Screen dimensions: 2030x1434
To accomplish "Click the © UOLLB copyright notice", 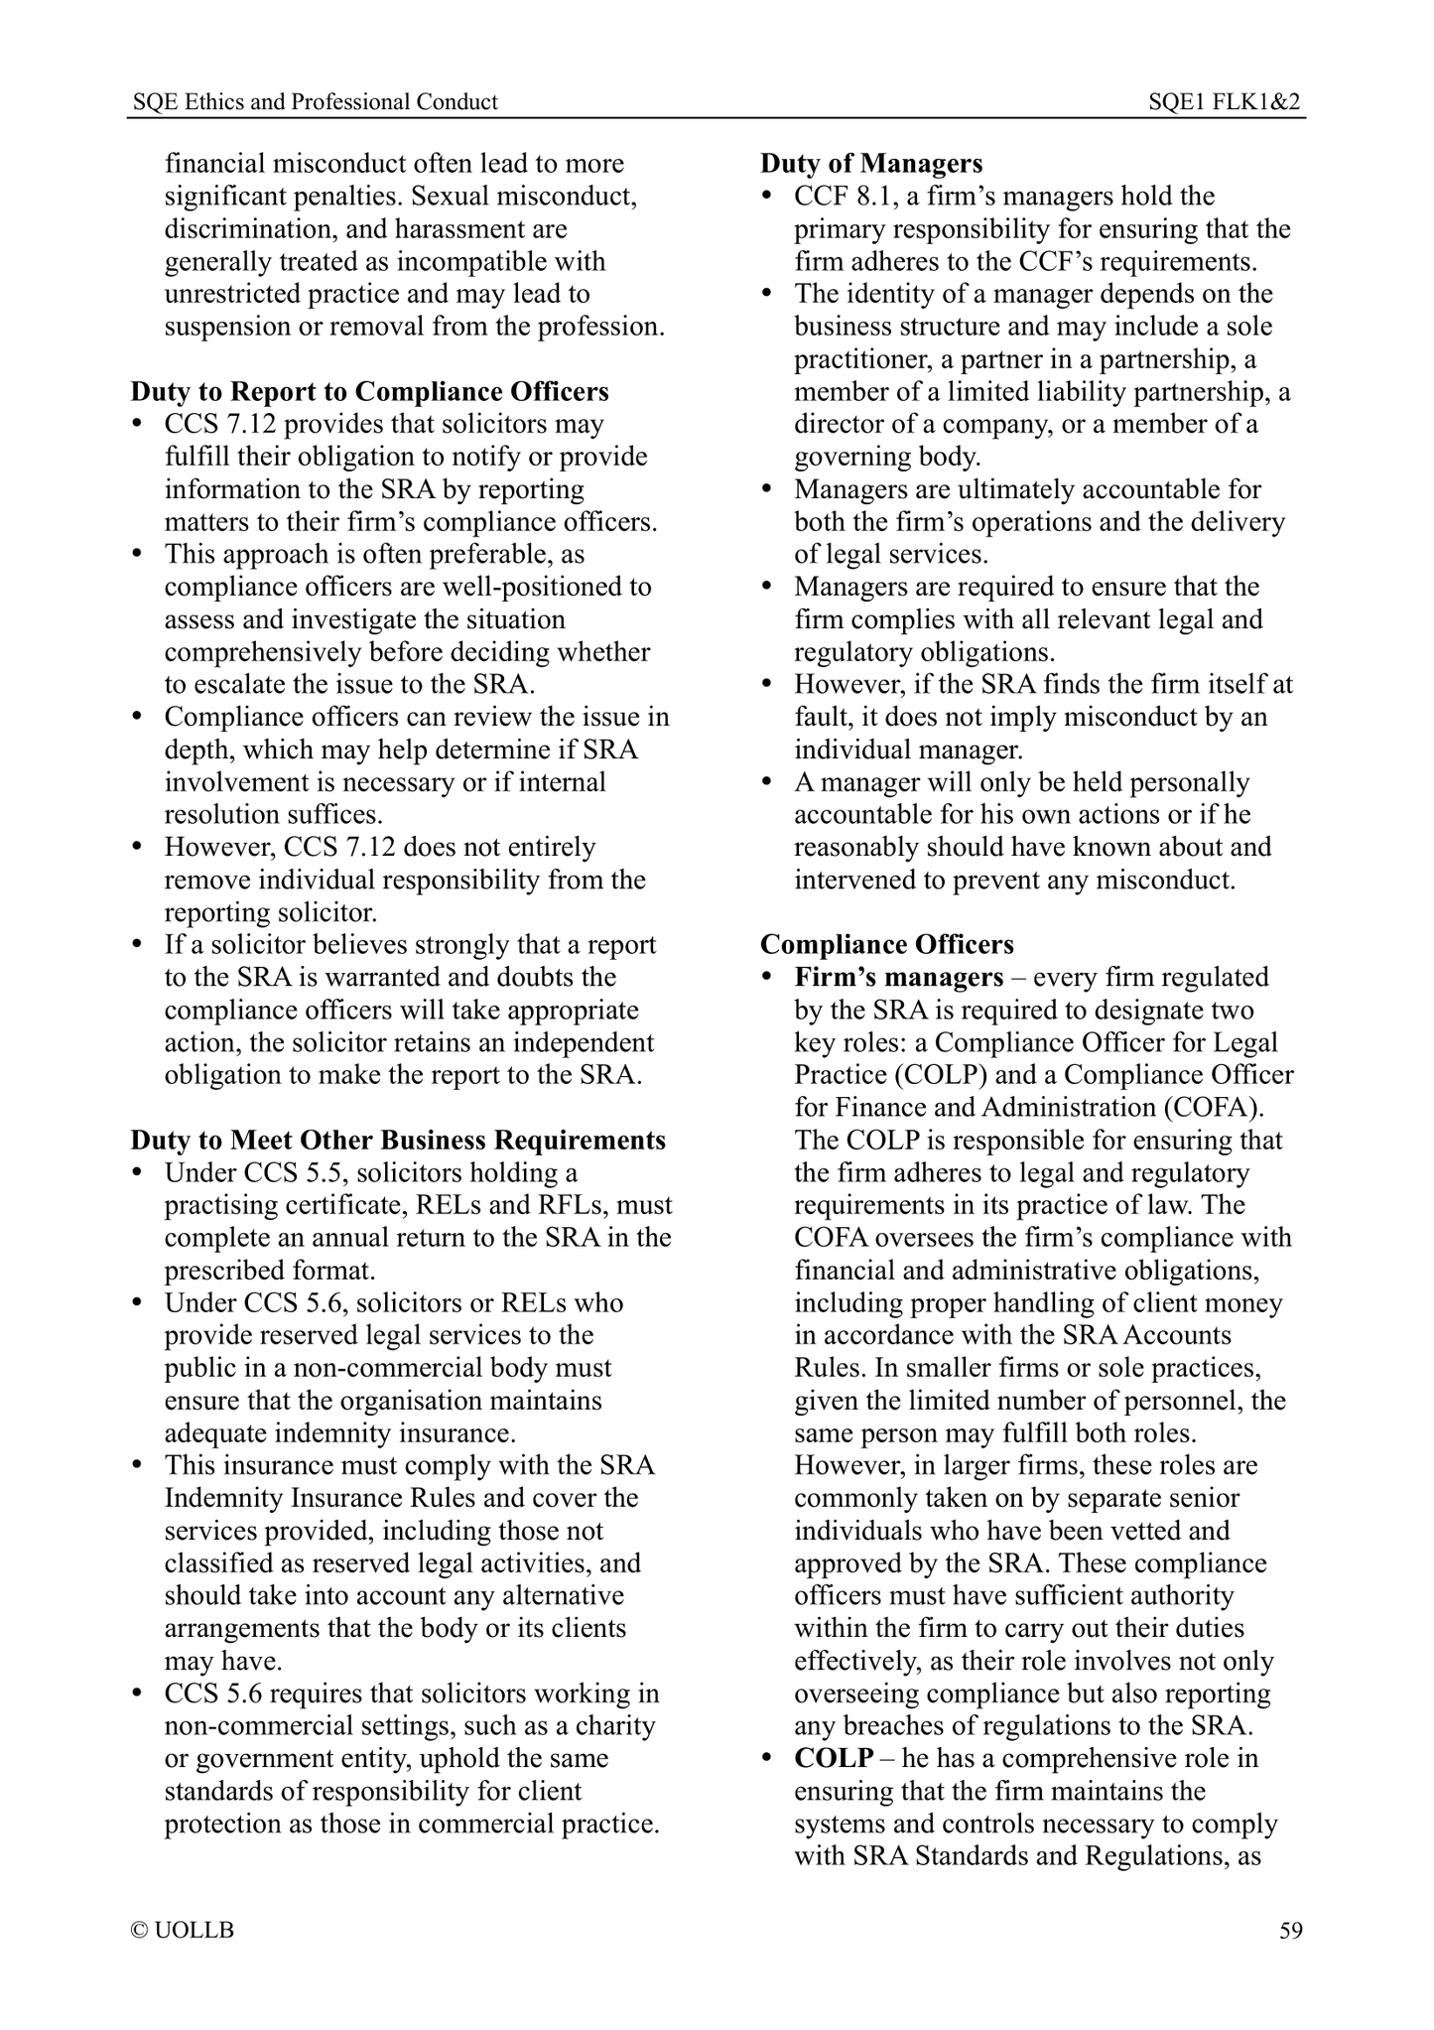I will (x=183, y=1931).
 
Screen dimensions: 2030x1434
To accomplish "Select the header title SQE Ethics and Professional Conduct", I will (x=315, y=101).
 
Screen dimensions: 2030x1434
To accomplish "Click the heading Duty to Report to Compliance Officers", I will (x=369, y=392).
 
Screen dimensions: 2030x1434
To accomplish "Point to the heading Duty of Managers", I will (x=871, y=164).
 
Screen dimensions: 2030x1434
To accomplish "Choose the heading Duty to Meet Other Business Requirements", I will (x=398, y=1141).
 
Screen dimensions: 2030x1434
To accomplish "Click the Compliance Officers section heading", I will (x=887, y=944).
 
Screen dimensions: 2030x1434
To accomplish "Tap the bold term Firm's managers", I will (x=899, y=978).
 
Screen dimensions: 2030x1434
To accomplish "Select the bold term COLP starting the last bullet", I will (x=834, y=1759).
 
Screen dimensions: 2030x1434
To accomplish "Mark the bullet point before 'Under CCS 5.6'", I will (x=139, y=1303).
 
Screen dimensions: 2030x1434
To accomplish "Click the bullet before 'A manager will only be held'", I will (x=767, y=783).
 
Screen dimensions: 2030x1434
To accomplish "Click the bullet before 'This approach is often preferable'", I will (x=139, y=555).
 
